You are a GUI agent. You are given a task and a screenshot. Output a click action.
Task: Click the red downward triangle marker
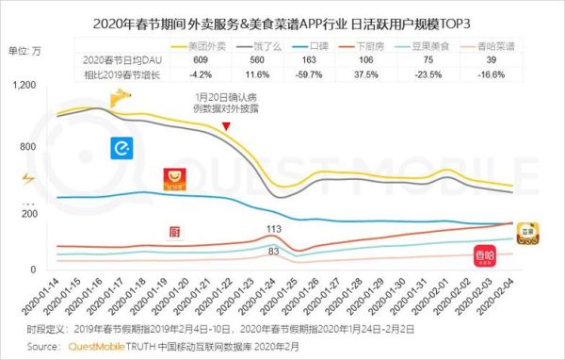coord(226,126)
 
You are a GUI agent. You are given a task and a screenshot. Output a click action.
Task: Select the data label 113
coord(274,228)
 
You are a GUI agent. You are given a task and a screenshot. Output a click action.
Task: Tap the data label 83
coord(273,252)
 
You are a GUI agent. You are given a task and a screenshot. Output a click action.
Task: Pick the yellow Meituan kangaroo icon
coord(121,96)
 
